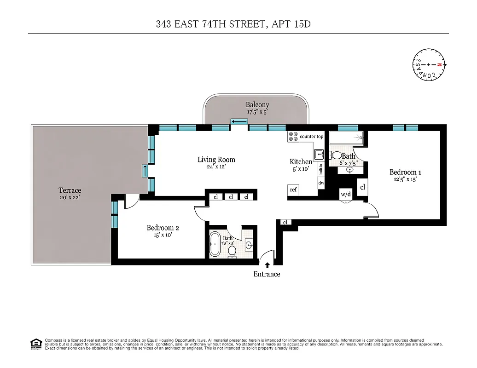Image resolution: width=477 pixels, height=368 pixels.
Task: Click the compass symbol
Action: click(428, 65)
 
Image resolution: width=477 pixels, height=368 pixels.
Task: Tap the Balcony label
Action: click(257, 105)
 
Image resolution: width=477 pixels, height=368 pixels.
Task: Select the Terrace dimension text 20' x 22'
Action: click(70, 197)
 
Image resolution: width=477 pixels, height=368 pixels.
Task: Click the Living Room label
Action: click(216, 160)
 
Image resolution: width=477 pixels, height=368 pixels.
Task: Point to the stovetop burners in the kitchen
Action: click(293, 136)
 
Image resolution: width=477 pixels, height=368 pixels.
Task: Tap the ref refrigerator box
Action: click(293, 190)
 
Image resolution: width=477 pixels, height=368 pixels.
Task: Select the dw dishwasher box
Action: click(321, 183)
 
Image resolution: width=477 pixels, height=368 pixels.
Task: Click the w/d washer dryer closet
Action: click(345, 194)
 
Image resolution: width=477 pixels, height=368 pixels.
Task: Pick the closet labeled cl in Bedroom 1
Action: click(362, 187)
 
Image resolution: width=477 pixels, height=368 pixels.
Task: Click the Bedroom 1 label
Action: click(405, 172)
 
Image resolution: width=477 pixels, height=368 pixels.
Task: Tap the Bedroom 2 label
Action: click(163, 228)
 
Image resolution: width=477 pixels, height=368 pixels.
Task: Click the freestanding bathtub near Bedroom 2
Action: click(215, 243)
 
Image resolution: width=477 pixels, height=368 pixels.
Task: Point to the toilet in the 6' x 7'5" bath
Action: click(337, 156)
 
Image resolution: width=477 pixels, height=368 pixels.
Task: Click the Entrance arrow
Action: click(267, 265)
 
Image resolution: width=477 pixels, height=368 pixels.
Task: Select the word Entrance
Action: click(267, 274)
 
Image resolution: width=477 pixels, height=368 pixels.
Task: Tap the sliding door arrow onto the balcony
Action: click(239, 121)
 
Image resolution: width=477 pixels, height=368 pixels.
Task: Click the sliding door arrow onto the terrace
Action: click(145, 171)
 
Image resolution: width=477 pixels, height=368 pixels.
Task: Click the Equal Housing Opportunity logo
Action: click(36, 343)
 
